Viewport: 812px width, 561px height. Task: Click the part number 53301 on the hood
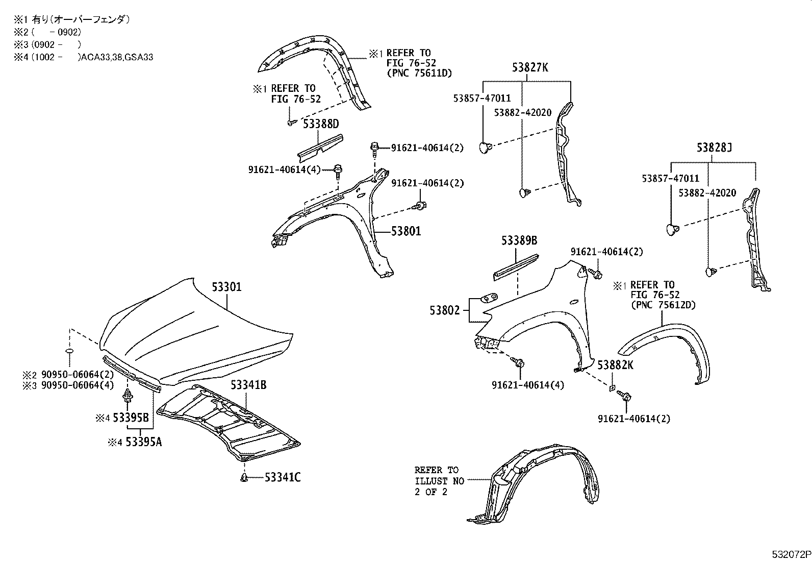coord(226,287)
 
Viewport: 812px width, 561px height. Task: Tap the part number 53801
coord(406,231)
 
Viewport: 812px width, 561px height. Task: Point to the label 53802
coord(445,310)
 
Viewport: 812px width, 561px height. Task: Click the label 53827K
coord(530,67)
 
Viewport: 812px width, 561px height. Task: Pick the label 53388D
coord(321,124)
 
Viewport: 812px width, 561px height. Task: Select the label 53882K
coord(616,365)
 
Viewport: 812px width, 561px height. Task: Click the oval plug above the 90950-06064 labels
coord(70,352)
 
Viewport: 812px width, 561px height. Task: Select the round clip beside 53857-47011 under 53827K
coord(485,148)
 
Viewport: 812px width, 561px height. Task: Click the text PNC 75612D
coord(663,305)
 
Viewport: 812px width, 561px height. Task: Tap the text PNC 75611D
coord(419,73)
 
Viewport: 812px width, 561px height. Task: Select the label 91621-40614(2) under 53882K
coord(634,419)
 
